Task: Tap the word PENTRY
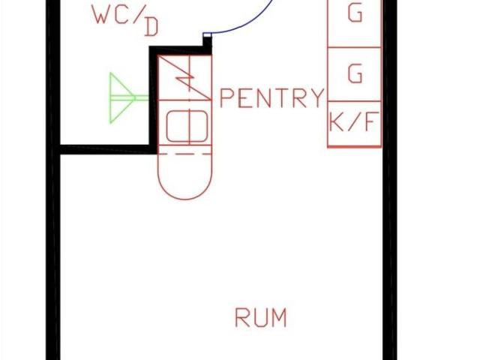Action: (x=272, y=98)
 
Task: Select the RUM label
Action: (x=260, y=317)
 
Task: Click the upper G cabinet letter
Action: (x=355, y=13)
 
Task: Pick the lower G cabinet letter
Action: (x=355, y=73)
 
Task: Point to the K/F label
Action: (x=355, y=122)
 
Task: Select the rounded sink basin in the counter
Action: (x=185, y=126)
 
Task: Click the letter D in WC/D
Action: (x=151, y=28)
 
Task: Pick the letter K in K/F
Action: (x=337, y=122)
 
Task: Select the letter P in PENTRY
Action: (x=227, y=98)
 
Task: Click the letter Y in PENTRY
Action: (x=318, y=98)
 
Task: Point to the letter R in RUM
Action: (x=242, y=317)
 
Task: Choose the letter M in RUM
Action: (x=278, y=317)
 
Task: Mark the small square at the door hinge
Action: (x=207, y=34)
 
